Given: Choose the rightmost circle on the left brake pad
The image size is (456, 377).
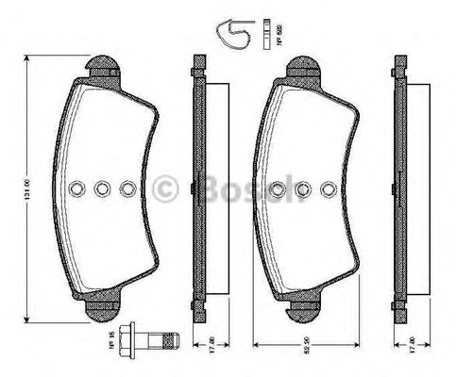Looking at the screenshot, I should pos(128,188).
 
